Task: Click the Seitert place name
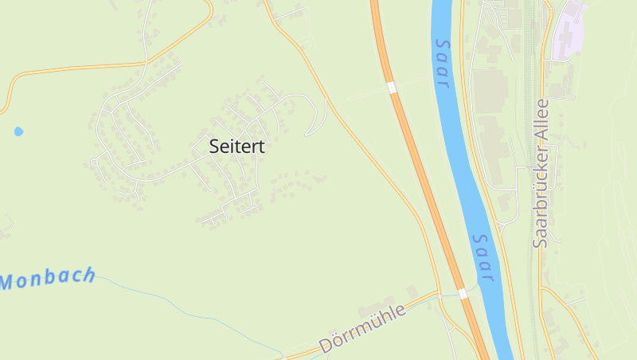point(236,147)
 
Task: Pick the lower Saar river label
point(484,257)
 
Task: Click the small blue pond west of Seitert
point(18,131)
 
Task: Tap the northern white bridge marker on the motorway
point(391,87)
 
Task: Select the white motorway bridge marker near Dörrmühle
point(463,294)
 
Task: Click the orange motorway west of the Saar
point(414,159)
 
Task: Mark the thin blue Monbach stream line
point(199,315)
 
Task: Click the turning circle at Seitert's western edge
point(93,162)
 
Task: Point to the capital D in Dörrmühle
point(326,346)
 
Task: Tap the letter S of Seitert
point(214,147)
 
